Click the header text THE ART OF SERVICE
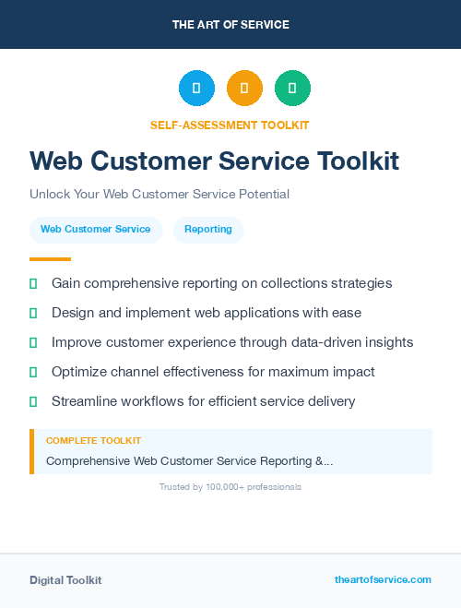tap(230, 25)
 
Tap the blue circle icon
tap(196, 89)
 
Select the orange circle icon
tap(244, 89)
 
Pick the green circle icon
tap(292, 89)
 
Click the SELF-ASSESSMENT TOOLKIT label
tap(230, 125)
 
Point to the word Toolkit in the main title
tap(359, 161)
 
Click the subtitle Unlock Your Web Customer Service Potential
tap(160, 195)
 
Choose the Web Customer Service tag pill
tap(96, 230)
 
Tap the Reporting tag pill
tap(208, 230)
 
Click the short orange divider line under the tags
tap(50, 259)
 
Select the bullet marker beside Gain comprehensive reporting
tap(33, 283)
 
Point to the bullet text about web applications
tap(207, 313)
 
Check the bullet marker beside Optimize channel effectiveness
tap(33, 372)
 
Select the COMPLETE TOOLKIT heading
tap(93, 441)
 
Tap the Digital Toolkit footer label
tap(65, 580)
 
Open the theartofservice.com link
tap(383, 579)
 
